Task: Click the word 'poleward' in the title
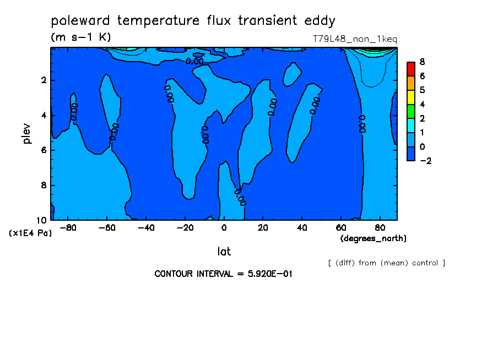(x=80, y=20)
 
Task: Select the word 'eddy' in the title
(x=320, y=21)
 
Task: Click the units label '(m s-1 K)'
(x=80, y=37)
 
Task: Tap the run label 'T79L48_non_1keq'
(x=355, y=39)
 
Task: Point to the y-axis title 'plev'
(x=26, y=133)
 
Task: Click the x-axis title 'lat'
(x=224, y=252)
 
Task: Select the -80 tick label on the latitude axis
(x=68, y=228)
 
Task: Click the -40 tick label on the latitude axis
(x=146, y=228)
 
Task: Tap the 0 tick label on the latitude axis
(x=224, y=228)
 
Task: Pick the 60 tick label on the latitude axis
(x=341, y=228)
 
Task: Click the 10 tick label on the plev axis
(x=42, y=220)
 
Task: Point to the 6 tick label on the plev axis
(x=44, y=150)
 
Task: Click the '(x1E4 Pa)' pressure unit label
(x=30, y=233)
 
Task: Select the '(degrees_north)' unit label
(x=373, y=238)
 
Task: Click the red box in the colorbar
(x=411, y=69)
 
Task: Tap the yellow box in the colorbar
(x=411, y=97)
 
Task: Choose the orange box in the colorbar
(x=411, y=83)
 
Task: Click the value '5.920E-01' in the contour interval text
(x=270, y=274)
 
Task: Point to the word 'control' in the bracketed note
(x=425, y=263)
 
